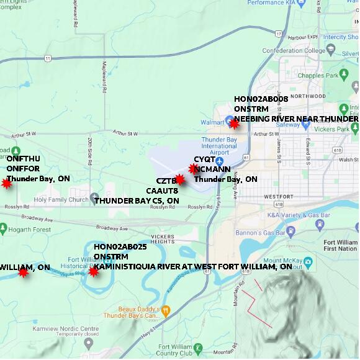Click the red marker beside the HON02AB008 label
point(234,124)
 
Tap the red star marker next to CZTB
point(179,179)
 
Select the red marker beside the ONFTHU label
point(7,183)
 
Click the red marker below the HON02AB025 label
point(93,271)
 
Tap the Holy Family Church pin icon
point(94,199)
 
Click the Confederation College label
point(294,51)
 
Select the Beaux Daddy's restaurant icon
point(166,309)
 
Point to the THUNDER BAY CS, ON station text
point(137,201)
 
